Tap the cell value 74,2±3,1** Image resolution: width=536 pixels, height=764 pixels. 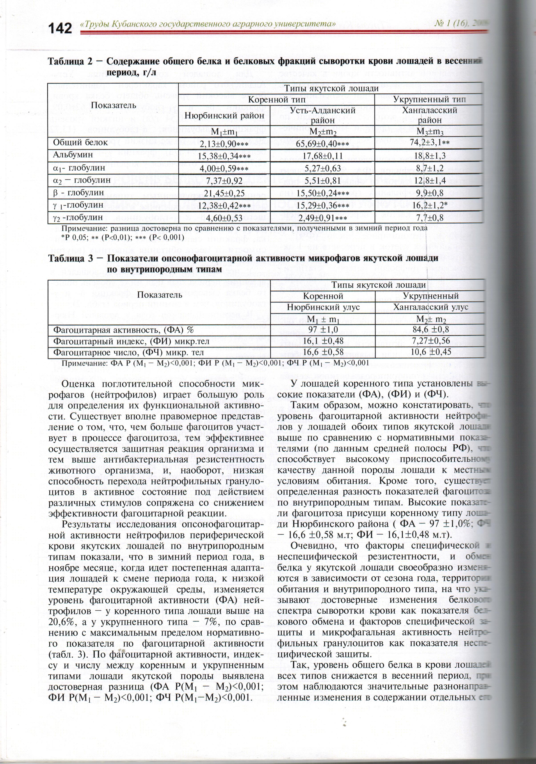pyautogui.click(x=430, y=143)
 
